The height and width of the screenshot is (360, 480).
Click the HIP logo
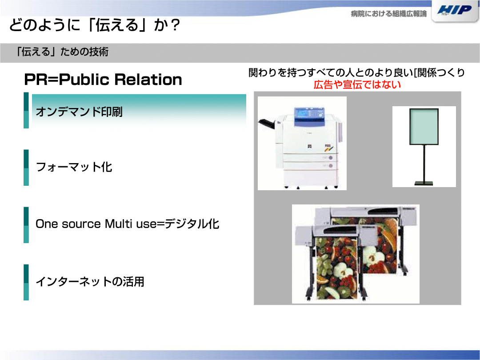coord(455,10)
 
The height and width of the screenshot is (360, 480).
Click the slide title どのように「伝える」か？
coord(95,25)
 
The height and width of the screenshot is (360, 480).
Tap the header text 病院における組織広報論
coord(388,14)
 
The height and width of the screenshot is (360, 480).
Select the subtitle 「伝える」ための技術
coord(63,52)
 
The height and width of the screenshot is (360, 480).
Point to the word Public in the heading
coord(84,80)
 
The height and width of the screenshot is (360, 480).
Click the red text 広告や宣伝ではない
coord(357,84)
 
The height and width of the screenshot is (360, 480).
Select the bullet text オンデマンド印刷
coord(79,112)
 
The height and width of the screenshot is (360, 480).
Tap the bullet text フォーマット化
coord(74,167)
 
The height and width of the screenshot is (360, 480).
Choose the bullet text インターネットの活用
coord(90,282)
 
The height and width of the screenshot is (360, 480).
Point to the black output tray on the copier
coord(267,124)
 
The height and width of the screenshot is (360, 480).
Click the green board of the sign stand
coord(424,126)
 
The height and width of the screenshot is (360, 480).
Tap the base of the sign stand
coord(424,184)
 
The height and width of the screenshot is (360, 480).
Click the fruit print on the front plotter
coord(337,268)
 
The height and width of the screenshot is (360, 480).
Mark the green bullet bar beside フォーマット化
coord(26,168)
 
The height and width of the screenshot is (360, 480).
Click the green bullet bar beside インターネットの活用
coord(26,282)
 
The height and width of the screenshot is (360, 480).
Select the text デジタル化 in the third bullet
coord(192,224)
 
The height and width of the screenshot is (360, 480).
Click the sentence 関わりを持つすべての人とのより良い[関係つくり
coord(356,72)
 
